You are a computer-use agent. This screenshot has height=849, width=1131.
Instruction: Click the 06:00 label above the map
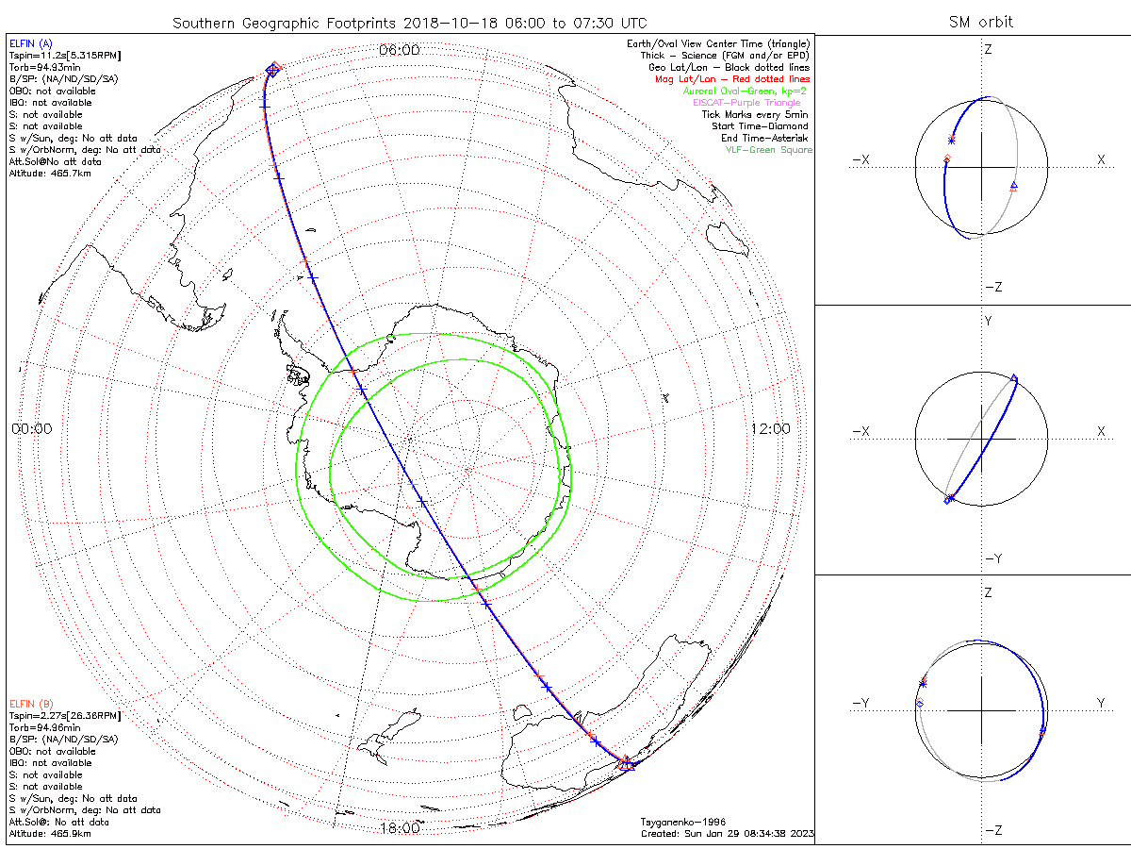click(x=399, y=50)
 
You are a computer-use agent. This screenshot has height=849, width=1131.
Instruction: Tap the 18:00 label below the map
click(x=400, y=828)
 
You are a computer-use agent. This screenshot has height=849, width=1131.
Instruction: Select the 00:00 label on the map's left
click(x=32, y=429)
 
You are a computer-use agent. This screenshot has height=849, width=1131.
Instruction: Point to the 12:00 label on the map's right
click(x=770, y=429)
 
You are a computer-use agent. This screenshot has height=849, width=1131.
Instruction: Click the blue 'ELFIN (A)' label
click(x=31, y=43)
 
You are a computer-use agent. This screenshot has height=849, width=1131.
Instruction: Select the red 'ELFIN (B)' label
click(x=31, y=704)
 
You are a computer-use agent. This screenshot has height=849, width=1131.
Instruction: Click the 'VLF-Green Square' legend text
click(x=767, y=150)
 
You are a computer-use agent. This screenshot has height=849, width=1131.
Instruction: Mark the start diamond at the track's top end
click(x=273, y=68)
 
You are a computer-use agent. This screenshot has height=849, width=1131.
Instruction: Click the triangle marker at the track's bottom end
click(x=628, y=764)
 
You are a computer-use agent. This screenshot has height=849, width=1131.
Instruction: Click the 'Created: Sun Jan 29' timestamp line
click(x=727, y=834)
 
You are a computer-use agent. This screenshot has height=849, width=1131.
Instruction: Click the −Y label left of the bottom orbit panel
click(x=861, y=703)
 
